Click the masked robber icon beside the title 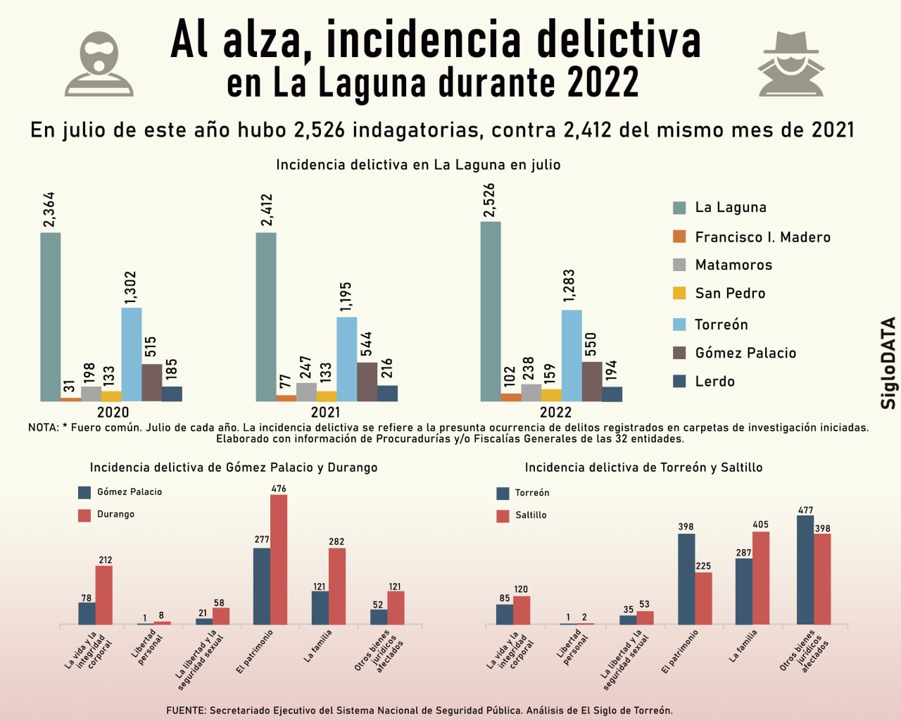pos(99,63)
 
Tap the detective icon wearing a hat pos(791,64)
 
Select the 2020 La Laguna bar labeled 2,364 pos(51,317)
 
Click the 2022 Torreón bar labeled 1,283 pos(572,356)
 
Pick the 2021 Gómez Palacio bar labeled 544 pos(367,382)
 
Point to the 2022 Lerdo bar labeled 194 pos(612,394)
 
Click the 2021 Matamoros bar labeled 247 pos(306,391)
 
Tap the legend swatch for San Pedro pos(679,293)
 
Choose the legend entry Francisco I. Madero pos(762,237)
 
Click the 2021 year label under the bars pos(325,413)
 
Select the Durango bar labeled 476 pos(279,560)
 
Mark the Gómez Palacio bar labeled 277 pos(262,586)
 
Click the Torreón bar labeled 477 pos(805,570)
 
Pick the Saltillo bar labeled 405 pos(761,578)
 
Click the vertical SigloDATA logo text pos(888,363)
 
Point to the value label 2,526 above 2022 pos(489,201)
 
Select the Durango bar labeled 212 pos(104,595)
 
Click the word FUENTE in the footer pos(185,710)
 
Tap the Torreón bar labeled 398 pos(686,579)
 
